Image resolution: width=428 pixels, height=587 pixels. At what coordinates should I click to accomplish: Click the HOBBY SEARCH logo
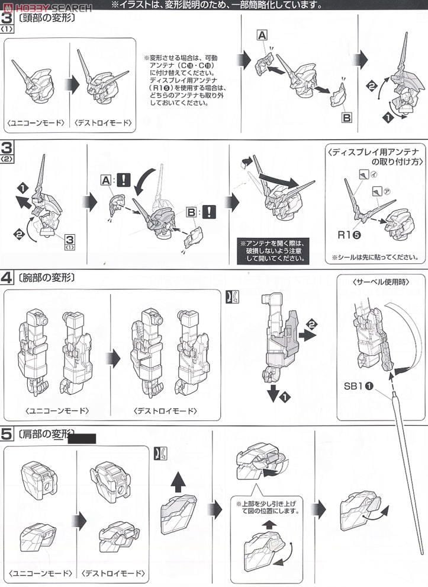point(46,7)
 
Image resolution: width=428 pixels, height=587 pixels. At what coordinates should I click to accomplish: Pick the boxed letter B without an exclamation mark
point(347,117)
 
